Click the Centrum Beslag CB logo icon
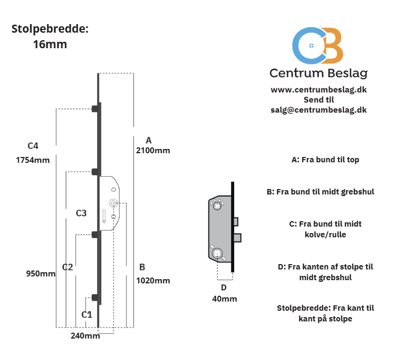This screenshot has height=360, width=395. click(x=318, y=46)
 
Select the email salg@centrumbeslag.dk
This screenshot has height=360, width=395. click(x=318, y=109)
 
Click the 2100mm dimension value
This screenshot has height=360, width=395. click(x=153, y=150)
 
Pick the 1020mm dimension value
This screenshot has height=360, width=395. click(x=153, y=280)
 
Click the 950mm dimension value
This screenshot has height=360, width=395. click(x=41, y=274)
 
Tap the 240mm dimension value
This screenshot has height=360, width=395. click(x=85, y=336)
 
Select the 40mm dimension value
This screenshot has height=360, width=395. click(x=224, y=298)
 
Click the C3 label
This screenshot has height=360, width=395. click(x=81, y=213)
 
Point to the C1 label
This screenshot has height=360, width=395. click(x=87, y=314)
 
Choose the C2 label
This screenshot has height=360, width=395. click(x=68, y=267)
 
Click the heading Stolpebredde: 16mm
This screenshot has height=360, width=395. click(x=50, y=36)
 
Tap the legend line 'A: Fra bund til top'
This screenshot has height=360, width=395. click(x=325, y=160)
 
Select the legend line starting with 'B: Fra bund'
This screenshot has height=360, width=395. click(x=320, y=191)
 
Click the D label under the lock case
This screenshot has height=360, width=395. click(x=224, y=288)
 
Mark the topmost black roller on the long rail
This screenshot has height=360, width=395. click(x=95, y=108)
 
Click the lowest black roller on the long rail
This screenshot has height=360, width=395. click(x=95, y=298)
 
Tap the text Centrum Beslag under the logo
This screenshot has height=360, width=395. click(x=318, y=73)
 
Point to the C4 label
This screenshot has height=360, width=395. click(x=33, y=146)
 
